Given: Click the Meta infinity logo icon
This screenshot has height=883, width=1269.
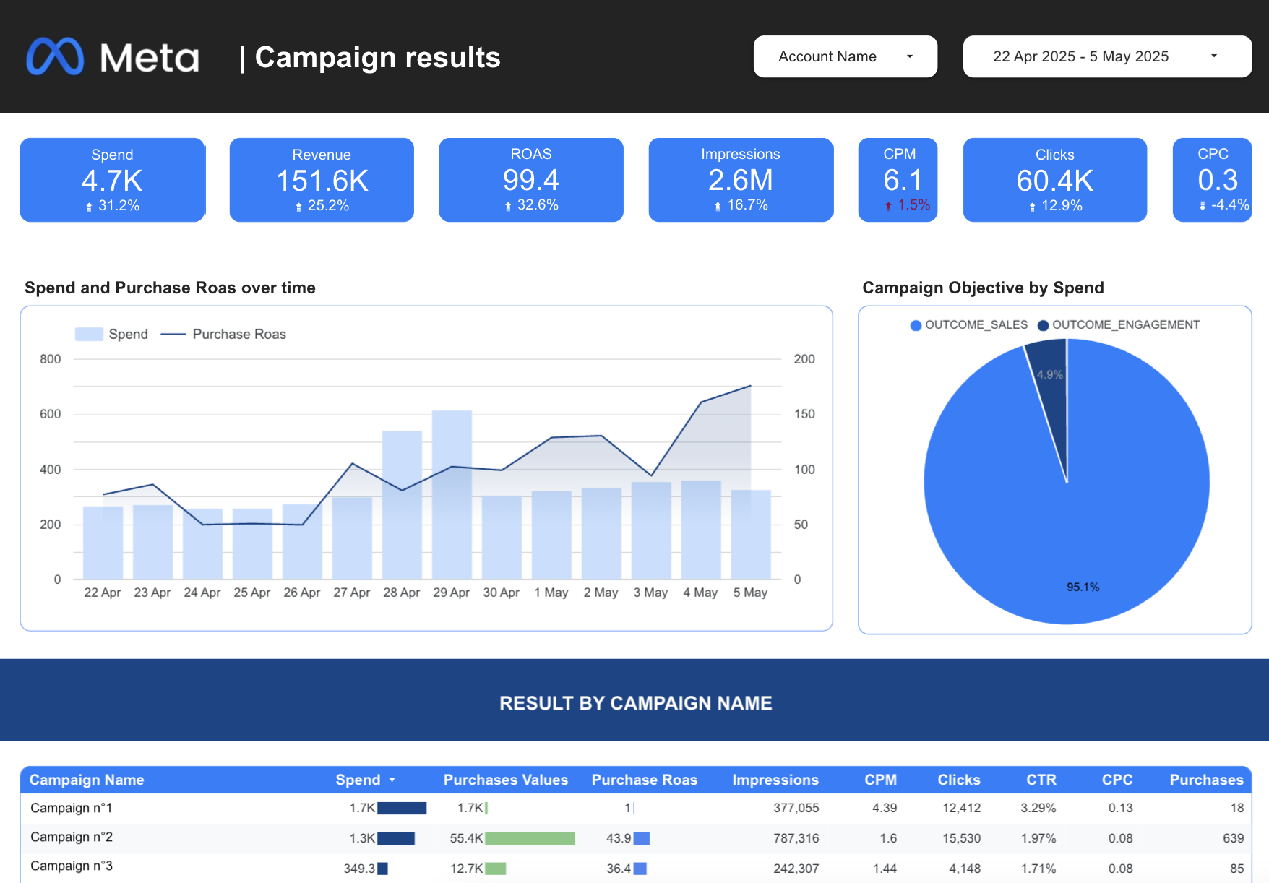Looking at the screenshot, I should point(55,56).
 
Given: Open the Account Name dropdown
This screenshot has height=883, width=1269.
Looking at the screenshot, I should point(845,56).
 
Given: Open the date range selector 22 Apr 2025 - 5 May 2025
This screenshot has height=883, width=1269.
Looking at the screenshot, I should point(1106,56).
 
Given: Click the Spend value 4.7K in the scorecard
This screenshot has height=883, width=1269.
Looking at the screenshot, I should point(112,181).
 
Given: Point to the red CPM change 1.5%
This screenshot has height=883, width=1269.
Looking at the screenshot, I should point(913,205).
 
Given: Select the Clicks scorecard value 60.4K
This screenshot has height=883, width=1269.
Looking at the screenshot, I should point(1054,181).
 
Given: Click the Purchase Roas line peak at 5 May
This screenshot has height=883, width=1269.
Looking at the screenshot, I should point(750,386).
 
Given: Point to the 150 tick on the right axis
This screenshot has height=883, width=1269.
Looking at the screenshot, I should point(804,414).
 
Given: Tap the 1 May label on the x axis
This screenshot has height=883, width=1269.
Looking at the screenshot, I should point(551,593).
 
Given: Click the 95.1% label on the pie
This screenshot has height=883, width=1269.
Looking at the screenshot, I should point(1083,587).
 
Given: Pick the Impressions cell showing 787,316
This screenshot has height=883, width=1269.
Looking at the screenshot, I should point(796,838).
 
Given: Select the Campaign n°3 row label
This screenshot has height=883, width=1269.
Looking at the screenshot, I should point(72,866).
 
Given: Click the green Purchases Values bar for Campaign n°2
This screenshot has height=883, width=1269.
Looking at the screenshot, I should point(530,838).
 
